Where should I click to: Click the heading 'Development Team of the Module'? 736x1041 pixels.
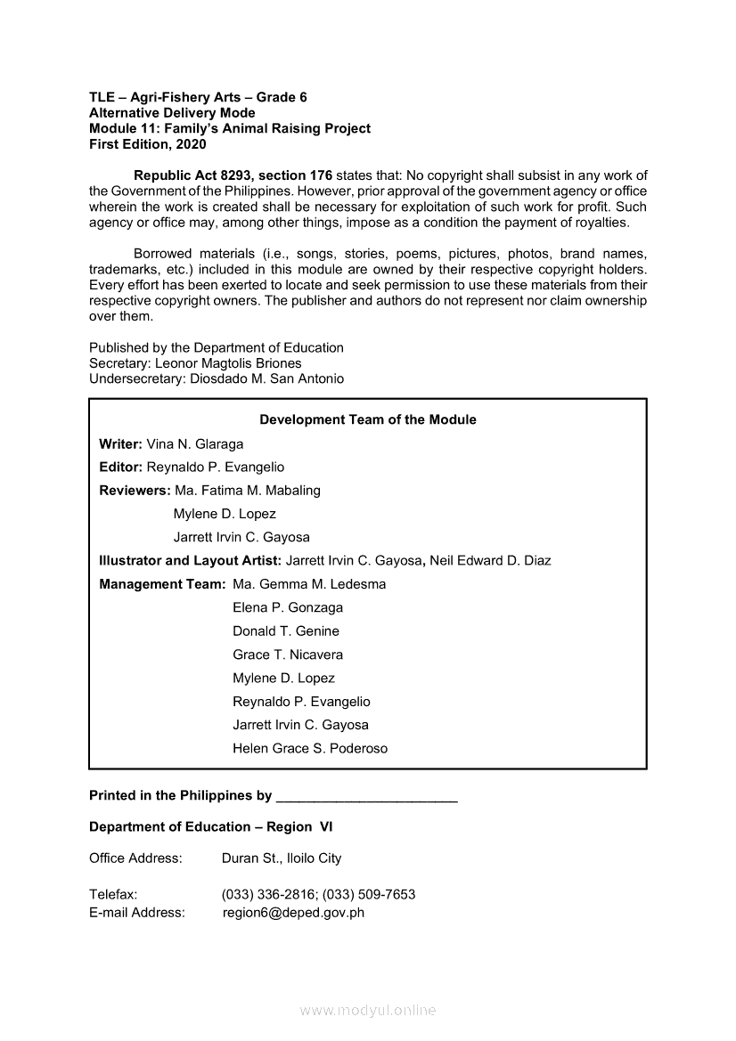367,419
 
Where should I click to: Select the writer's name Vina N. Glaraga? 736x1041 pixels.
194,443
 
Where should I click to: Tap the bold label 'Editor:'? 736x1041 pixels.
121,467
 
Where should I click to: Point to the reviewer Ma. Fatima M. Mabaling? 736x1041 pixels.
248,490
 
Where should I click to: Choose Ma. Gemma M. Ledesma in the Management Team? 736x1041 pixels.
309,584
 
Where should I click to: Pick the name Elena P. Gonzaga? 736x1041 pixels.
288,607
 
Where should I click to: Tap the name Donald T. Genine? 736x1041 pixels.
286,630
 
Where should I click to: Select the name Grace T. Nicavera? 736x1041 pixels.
288,655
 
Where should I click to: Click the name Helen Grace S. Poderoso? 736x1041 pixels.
310,748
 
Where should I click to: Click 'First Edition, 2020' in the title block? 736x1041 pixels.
147,143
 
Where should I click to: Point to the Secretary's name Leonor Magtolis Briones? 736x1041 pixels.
228,363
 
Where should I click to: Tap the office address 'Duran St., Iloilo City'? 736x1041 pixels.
282,858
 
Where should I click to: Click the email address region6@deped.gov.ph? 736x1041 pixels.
293,912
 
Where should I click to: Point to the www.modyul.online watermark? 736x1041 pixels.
368,1011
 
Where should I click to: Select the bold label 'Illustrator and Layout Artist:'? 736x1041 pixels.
190,560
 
